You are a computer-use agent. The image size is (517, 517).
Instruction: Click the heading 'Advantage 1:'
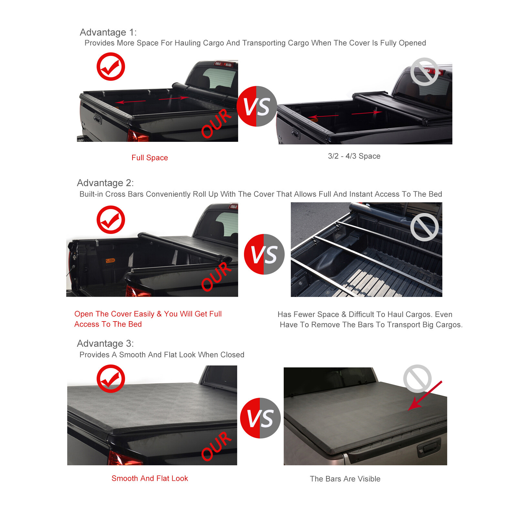tap(108, 32)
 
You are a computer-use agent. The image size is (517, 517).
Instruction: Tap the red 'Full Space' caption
tap(150, 158)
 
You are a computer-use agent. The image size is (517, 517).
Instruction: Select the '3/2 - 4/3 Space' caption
tap(354, 156)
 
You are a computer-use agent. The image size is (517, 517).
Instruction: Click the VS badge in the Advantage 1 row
tap(257, 106)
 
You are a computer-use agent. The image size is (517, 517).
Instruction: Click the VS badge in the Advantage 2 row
tap(264, 254)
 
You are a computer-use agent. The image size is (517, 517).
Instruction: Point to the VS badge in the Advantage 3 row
tap(260, 418)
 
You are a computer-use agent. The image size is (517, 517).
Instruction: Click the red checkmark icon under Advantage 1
tap(111, 67)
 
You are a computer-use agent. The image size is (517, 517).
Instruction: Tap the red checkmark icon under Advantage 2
tap(111, 220)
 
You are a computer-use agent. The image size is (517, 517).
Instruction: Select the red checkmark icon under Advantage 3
tap(111, 379)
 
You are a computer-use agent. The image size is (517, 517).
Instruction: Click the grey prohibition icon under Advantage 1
tap(424, 72)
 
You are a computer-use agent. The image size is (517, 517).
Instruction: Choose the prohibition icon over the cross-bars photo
tap(424, 227)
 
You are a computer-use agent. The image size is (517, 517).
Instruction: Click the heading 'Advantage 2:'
tap(105, 183)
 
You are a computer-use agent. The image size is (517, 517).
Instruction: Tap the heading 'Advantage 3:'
tap(105, 343)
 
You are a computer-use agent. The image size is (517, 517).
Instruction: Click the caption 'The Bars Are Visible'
tap(345, 479)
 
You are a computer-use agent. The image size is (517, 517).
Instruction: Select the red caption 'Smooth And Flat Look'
tap(150, 478)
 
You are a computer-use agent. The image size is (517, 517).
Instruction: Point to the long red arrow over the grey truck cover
tap(424, 396)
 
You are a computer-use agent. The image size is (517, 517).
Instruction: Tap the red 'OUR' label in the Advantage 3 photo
tap(216, 446)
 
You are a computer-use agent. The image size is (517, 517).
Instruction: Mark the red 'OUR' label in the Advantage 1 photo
tap(216, 123)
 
